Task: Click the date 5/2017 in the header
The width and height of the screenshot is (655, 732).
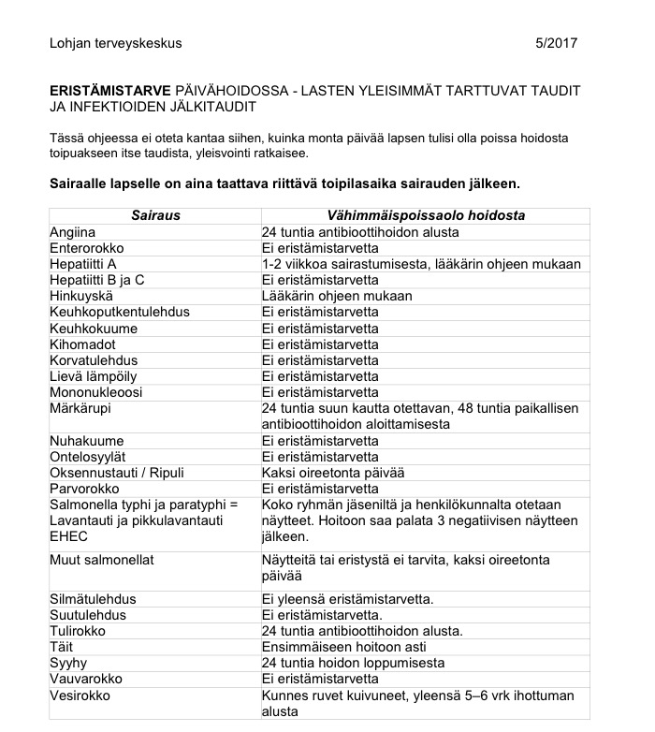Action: coord(556,43)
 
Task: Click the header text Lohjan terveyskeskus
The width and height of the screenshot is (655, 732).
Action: coord(116,43)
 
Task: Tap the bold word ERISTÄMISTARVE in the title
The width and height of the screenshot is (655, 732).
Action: coord(110,90)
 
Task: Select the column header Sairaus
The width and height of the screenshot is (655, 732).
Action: coord(155,215)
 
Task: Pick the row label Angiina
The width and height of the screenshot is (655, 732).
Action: coord(73,232)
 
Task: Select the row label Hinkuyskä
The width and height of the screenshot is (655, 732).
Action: coord(81,297)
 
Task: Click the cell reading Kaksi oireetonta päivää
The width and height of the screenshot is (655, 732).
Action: coord(333,473)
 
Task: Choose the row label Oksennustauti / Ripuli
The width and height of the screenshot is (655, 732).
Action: coord(117,473)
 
